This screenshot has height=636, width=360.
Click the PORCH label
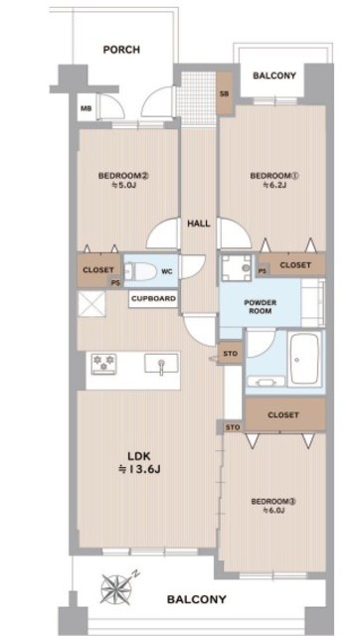pyautogui.click(x=121, y=50)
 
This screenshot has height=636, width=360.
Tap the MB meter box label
pyautogui.click(x=87, y=108)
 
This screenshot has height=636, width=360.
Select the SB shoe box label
pyautogui.click(x=224, y=94)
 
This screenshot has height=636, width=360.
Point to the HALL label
pyautogui.click(x=199, y=224)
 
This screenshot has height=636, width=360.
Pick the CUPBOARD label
pyautogui.click(x=154, y=299)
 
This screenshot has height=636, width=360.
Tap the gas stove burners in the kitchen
pyautogui.click(x=103, y=362)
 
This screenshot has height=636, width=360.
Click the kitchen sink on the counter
pyautogui.click(x=161, y=363)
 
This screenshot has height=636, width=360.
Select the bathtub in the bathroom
pyautogui.click(x=303, y=360)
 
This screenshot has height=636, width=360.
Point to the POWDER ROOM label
pyautogui.click(x=261, y=307)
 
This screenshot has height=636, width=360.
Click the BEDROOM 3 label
pyautogui.click(x=273, y=501)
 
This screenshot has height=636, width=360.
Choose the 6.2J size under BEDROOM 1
pyautogui.click(x=273, y=186)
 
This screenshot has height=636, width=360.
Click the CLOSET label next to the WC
pyautogui.click(x=98, y=270)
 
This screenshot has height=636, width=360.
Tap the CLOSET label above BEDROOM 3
pyautogui.click(x=283, y=415)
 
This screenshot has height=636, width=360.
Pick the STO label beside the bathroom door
pyautogui.click(x=230, y=354)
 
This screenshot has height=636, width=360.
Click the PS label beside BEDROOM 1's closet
pyautogui.click(x=263, y=271)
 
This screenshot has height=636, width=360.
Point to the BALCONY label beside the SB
pyautogui.click(x=274, y=76)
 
